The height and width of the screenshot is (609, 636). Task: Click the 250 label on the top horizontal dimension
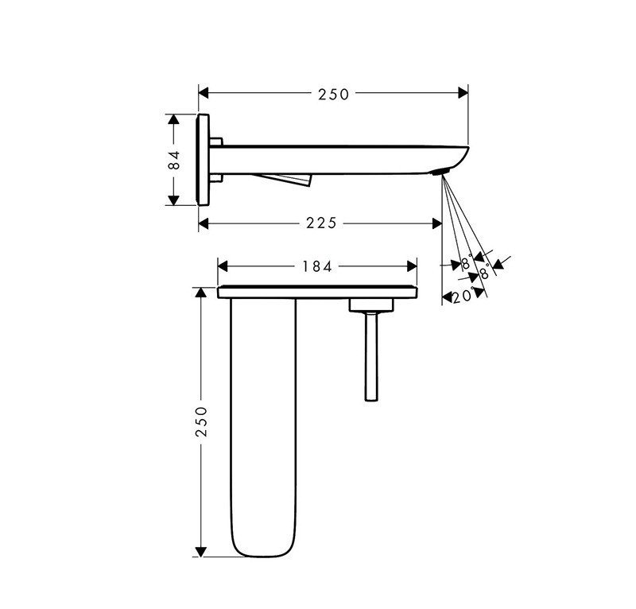click(x=333, y=95)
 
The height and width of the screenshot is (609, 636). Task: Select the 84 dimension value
click(x=175, y=159)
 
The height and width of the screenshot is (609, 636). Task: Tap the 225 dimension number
click(x=321, y=223)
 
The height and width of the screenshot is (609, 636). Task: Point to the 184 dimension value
click(x=316, y=266)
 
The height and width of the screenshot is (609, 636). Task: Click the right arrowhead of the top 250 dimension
click(x=463, y=94)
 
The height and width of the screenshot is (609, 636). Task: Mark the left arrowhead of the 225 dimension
click(x=204, y=223)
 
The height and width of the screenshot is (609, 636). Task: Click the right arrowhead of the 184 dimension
click(x=412, y=266)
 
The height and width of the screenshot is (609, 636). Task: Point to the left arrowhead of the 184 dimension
click(x=223, y=266)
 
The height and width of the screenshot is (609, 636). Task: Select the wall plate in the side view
click(x=204, y=159)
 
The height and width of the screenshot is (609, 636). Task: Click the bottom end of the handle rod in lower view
click(x=370, y=395)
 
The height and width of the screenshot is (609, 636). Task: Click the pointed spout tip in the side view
click(x=467, y=149)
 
